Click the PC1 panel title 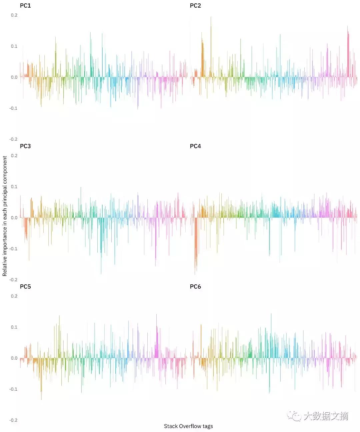(25, 6)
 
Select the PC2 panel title (195, 6)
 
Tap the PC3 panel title (25, 146)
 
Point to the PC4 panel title (195, 146)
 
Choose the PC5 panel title (25, 286)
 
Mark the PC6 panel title (195, 286)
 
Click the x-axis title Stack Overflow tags (188, 426)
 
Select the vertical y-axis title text (5, 216)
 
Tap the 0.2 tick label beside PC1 (14, 15)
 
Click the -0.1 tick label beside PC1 (13, 108)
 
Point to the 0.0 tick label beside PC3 (14, 218)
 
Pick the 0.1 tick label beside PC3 (14, 187)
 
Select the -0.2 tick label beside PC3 (13, 280)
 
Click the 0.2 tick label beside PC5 (14, 296)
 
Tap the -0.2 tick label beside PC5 (13, 420)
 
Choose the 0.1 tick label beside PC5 (14, 327)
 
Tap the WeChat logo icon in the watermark (294, 416)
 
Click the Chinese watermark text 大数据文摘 (326, 416)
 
